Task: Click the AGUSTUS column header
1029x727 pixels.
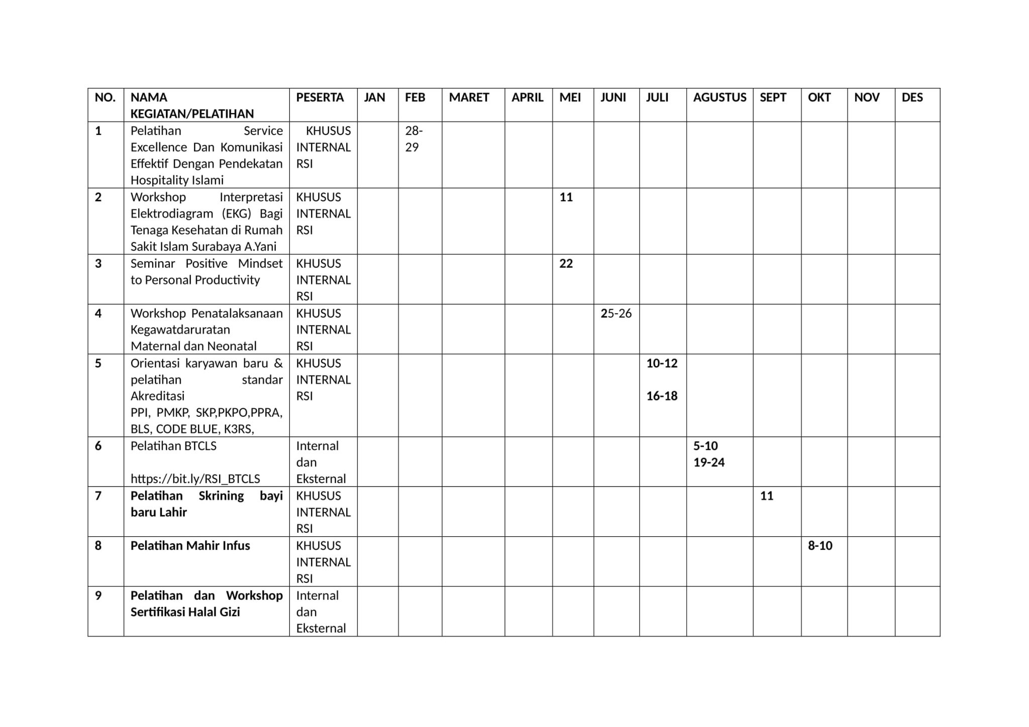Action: [x=719, y=97]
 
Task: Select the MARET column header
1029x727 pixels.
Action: [x=469, y=97]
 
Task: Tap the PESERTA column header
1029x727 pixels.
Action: [x=320, y=97]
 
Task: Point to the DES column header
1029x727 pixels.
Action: [x=912, y=97]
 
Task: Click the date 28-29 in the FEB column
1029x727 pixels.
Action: [x=414, y=139]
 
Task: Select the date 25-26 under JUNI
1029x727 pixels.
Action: [x=616, y=314]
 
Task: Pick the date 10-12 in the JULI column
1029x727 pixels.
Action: [x=662, y=363]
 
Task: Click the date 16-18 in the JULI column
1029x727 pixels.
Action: [x=662, y=396]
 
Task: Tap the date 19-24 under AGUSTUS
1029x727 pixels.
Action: [x=709, y=462]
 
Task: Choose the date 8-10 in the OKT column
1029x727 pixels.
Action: [x=820, y=546]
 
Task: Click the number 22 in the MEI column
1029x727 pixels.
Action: [x=566, y=264]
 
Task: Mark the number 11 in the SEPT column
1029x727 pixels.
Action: [x=766, y=496]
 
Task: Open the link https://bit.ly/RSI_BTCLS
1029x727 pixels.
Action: [x=195, y=479]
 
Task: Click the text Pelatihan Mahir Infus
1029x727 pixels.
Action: [x=190, y=546]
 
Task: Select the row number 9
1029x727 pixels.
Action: [x=98, y=596]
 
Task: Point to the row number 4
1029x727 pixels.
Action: [x=98, y=314]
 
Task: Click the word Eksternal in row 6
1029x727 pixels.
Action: [x=321, y=479]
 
